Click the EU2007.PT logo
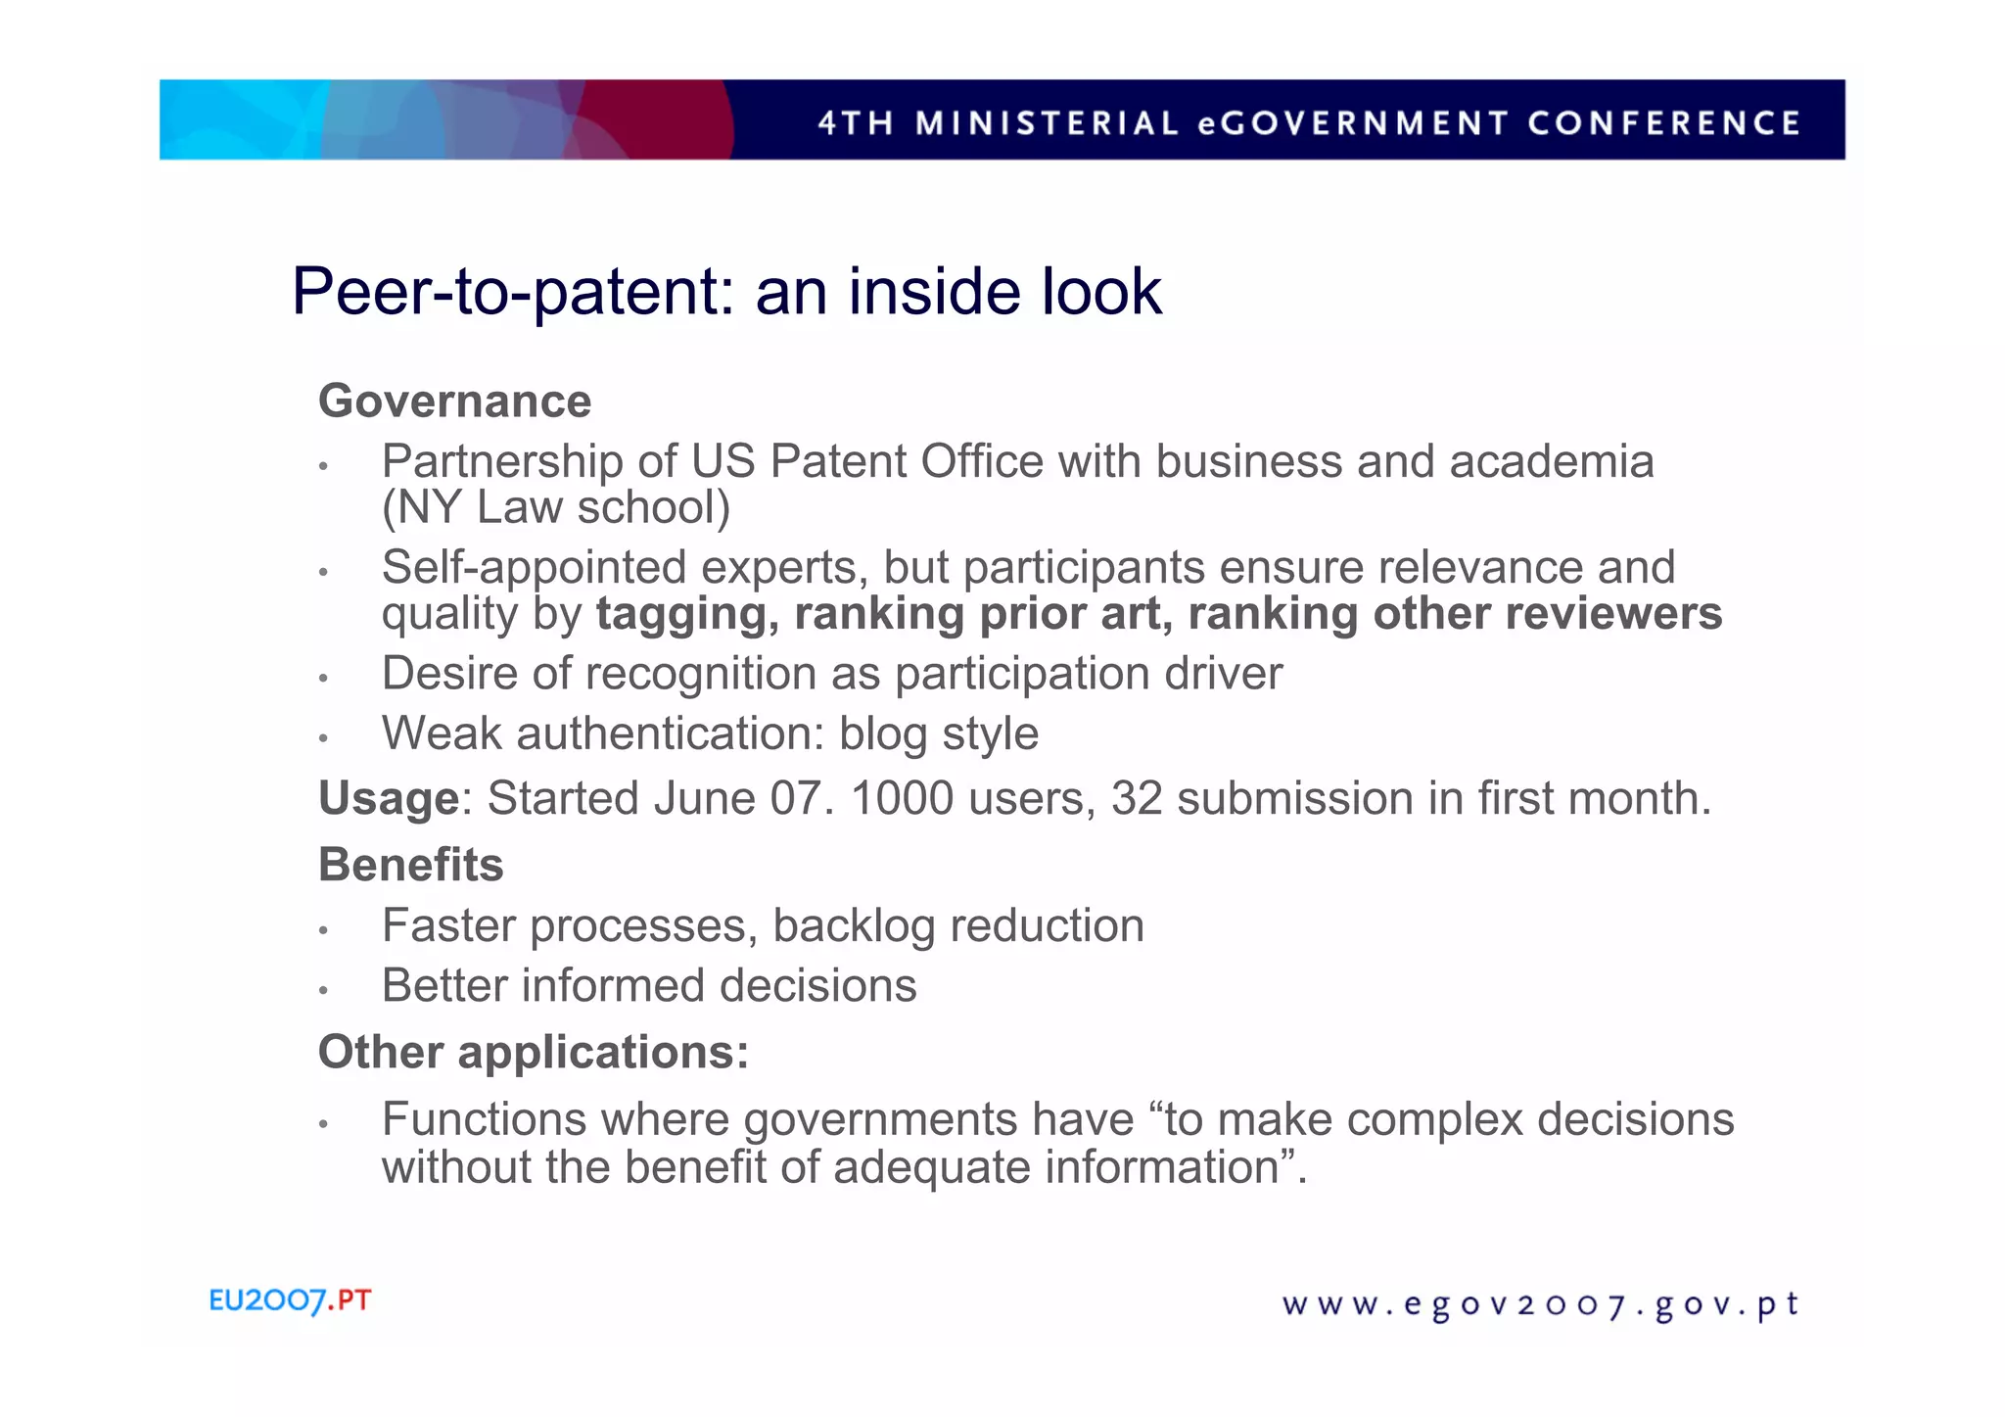coord(290,1300)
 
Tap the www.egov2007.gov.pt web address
coord(1540,1304)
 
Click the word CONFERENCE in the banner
coord(1663,123)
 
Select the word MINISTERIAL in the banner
coord(1047,123)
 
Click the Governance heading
coord(455,401)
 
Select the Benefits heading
coord(411,865)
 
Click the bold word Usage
coord(389,799)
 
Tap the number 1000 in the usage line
coord(902,798)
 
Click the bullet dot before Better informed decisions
coord(323,990)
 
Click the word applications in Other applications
coord(602,1054)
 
